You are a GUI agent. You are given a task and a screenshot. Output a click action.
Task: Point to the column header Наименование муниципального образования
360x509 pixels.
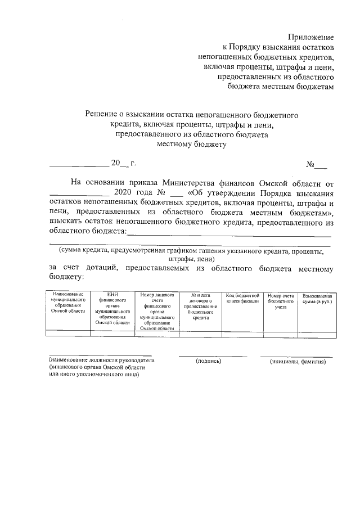(67, 303)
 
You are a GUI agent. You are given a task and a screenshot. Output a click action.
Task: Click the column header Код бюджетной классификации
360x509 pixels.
(242, 299)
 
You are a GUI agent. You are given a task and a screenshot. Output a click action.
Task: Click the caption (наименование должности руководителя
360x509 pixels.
(102, 361)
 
